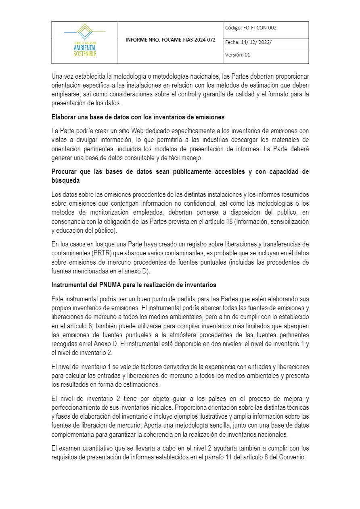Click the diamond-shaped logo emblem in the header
coord(85,31)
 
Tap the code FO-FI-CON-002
coord(260,28)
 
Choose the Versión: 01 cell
coord(238,55)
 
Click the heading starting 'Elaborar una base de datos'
coord(138,117)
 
